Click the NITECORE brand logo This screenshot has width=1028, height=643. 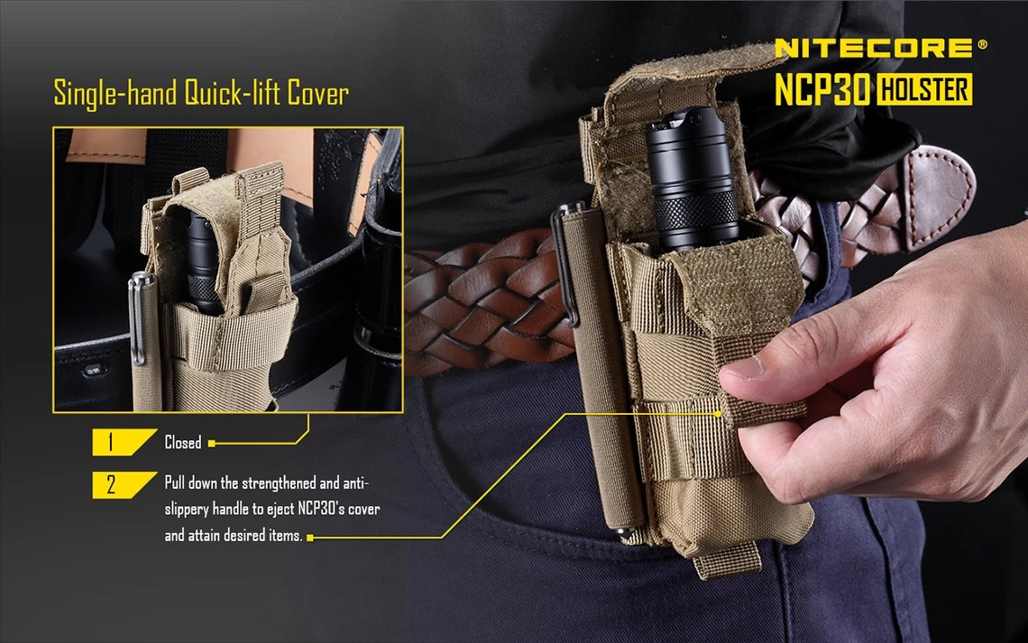873,48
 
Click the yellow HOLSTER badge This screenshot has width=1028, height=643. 923,89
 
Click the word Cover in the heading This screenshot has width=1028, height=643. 317,94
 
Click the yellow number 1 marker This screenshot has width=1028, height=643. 111,443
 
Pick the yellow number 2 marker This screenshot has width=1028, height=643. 111,483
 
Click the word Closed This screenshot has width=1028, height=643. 183,443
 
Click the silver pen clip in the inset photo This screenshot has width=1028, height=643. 137,316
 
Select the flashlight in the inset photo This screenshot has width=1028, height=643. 201,262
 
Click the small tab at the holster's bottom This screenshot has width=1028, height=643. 727,559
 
